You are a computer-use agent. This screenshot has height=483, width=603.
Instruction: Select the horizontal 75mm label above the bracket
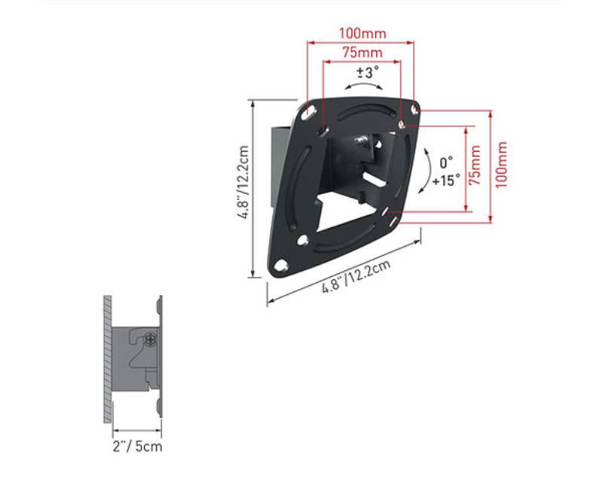tap(362, 53)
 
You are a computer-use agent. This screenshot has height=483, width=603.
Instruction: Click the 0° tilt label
tap(446, 162)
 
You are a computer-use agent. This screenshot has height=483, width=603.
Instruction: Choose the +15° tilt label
tap(446, 180)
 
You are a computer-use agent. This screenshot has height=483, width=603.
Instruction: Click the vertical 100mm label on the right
tap(502, 166)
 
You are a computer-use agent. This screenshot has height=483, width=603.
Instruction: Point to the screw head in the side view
tap(151, 339)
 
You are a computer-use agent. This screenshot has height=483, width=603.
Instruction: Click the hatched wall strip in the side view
tap(109, 358)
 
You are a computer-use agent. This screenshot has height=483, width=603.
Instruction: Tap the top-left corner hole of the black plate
tap(308, 112)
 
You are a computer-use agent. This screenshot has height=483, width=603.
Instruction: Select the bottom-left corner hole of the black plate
tap(280, 266)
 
